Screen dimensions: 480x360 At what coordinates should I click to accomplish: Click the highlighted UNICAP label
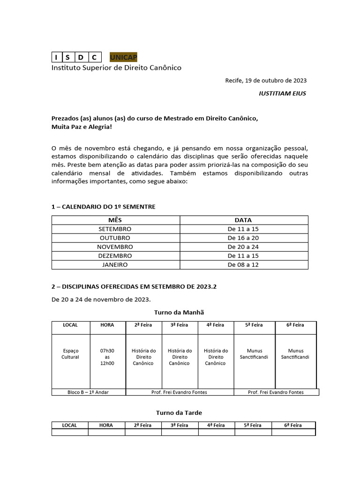(123, 57)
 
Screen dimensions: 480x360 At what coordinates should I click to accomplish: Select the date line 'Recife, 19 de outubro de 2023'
(266, 80)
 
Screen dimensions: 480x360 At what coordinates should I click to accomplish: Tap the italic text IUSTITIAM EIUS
(282, 93)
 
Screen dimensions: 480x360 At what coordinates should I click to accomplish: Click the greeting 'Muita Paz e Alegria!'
(82, 127)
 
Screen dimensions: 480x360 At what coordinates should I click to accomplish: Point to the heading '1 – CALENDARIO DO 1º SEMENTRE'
(103, 207)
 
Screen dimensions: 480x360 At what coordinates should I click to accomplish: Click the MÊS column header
(115, 220)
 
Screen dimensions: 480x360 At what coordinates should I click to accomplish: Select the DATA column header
(243, 220)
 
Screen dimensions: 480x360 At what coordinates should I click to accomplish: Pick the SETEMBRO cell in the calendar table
(115, 229)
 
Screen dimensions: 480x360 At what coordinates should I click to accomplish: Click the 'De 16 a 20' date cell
(243, 238)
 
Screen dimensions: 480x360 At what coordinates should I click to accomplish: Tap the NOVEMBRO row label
(115, 247)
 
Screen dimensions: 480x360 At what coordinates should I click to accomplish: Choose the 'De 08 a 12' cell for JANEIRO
(243, 264)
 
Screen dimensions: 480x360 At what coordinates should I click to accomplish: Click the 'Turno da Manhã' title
(179, 312)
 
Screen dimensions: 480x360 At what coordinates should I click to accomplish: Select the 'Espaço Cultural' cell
(70, 353)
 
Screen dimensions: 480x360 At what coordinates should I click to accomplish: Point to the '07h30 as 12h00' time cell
(107, 357)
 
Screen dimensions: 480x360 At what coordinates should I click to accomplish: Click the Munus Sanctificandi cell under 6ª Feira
(295, 353)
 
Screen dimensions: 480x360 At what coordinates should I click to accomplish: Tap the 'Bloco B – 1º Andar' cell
(89, 392)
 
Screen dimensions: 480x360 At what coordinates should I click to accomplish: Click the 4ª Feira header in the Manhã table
(216, 325)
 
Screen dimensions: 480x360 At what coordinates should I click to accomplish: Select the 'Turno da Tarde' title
(179, 412)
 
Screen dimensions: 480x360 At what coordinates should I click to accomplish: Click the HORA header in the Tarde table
(106, 425)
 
